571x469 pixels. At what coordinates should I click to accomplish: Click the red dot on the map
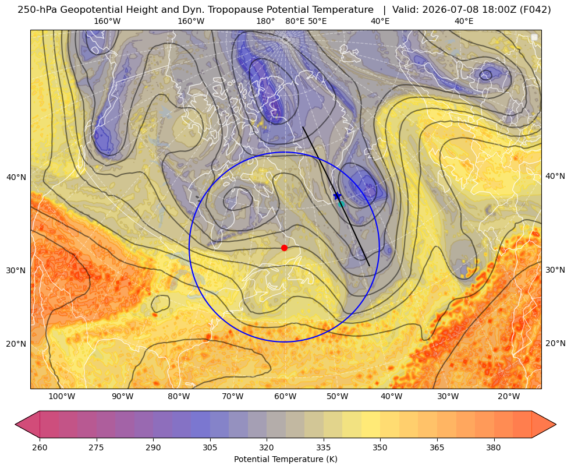coord(285,248)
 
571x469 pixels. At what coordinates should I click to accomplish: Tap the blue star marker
coord(337,196)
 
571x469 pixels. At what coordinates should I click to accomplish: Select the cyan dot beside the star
coord(341,204)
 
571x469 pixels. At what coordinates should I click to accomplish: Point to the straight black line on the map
coord(336,196)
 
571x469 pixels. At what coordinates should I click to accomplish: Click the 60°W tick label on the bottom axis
coord(285,396)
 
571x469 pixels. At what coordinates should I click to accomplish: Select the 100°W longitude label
coord(62,396)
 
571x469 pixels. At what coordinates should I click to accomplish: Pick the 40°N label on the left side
coord(16,177)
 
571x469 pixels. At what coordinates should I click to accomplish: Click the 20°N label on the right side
coord(555,343)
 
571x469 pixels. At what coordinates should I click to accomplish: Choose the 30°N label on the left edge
coord(16,270)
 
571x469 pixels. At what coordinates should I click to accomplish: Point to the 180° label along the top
coord(265,21)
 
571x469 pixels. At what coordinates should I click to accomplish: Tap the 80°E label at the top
coord(295,21)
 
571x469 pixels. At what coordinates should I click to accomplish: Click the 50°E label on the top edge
coord(317,21)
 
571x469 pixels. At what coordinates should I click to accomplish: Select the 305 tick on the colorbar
coord(210,447)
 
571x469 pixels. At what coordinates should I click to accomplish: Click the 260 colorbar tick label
coord(40,447)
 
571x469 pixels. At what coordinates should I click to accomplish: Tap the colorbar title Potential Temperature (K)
coord(285,459)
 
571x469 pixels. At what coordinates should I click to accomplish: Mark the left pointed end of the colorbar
coord(15,424)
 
